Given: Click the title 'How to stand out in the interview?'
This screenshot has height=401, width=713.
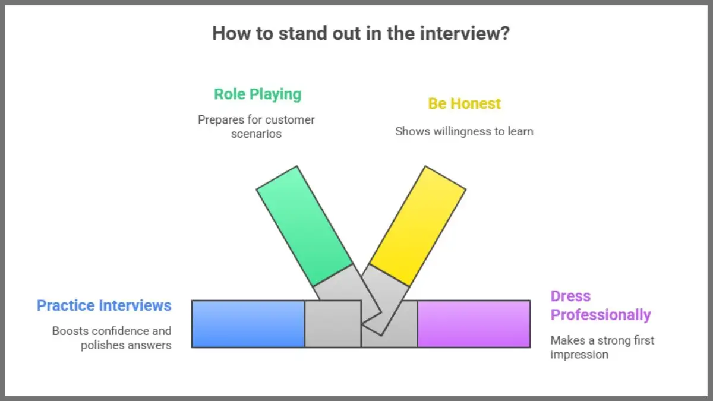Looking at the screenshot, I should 361,33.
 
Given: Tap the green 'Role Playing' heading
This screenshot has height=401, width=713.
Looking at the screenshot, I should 257,94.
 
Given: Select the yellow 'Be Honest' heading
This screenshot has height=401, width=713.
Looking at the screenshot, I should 464,103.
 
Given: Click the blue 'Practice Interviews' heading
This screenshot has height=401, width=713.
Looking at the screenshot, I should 104,305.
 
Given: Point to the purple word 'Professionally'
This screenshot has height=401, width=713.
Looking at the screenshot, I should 601,315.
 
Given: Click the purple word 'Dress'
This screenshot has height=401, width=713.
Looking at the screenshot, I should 570,296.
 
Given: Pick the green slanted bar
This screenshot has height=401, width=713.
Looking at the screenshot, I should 304,225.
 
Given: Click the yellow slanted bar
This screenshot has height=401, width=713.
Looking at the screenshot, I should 418,226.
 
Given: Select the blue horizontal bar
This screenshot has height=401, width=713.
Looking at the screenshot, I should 248,324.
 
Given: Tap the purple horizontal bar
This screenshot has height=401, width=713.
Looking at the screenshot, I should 474,324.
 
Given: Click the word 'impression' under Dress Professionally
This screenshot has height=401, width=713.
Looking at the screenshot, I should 579,355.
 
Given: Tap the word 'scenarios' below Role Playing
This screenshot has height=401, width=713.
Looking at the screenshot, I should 257,134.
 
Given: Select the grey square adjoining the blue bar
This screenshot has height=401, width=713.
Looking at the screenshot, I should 333,324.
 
